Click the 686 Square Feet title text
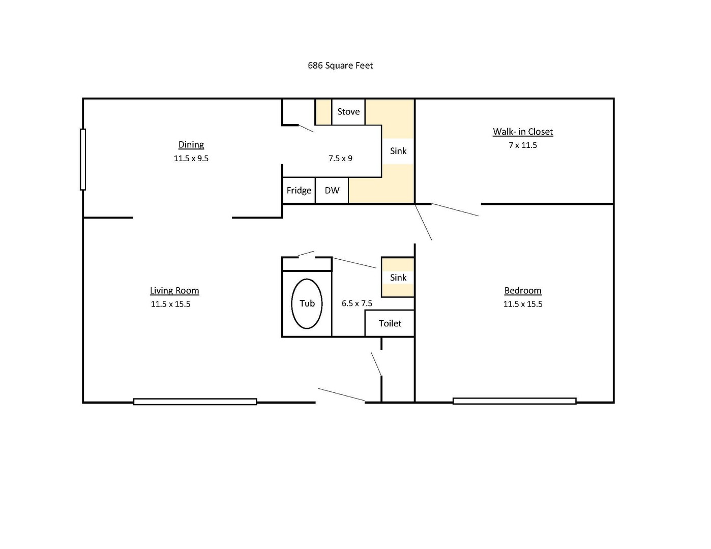click(340, 66)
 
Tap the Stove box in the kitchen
click(348, 112)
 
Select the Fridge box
click(299, 191)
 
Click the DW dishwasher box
click(332, 191)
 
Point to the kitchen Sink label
click(398, 151)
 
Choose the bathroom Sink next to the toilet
click(398, 278)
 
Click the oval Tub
click(307, 303)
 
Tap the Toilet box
click(390, 323)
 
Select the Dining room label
click(191, 145)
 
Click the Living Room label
click(174, 291)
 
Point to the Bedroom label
click(523, 291)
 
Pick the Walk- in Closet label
click(523, 132)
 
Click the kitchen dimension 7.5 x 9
click(340, 159)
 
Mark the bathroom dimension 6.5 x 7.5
click(357, 303)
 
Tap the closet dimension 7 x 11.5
click(523, 145)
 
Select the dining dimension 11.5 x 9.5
click(191, 159)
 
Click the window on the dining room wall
click(83, 160)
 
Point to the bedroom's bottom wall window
click(514, 401)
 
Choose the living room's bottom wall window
click(195, 402)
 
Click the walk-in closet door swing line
click(455, 210)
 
